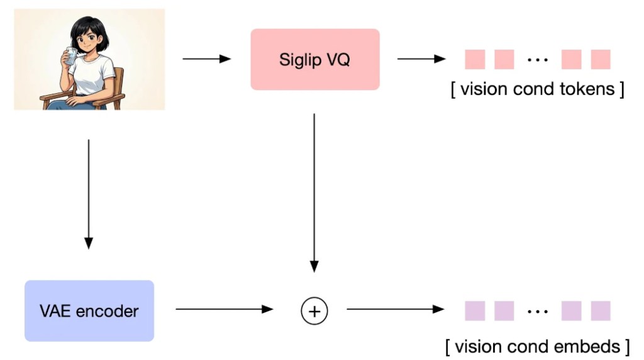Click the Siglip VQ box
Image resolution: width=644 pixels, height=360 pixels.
click(x=315, y=59)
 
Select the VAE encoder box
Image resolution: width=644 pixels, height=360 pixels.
click(x=89, y=311)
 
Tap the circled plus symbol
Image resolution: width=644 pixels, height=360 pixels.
click(x=314, y=310)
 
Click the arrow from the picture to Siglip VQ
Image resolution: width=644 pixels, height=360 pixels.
click(x=207, y=59)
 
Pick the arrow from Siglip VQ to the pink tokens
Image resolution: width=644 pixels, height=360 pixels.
click(x=421, y=59)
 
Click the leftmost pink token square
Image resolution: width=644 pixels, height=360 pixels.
click(x=475, y=60)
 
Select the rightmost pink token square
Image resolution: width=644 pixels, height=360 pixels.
click(x=601, y=60)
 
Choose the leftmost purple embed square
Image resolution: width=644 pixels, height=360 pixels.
click(x=475, y=311)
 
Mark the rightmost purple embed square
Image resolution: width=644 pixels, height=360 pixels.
click(x=601, y=311)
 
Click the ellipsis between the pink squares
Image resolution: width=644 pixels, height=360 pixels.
click(x=538, y=60)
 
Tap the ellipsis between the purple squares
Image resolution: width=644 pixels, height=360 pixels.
click(x=538, y=312)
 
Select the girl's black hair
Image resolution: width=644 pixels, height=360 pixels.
click(x=88, y=28)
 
